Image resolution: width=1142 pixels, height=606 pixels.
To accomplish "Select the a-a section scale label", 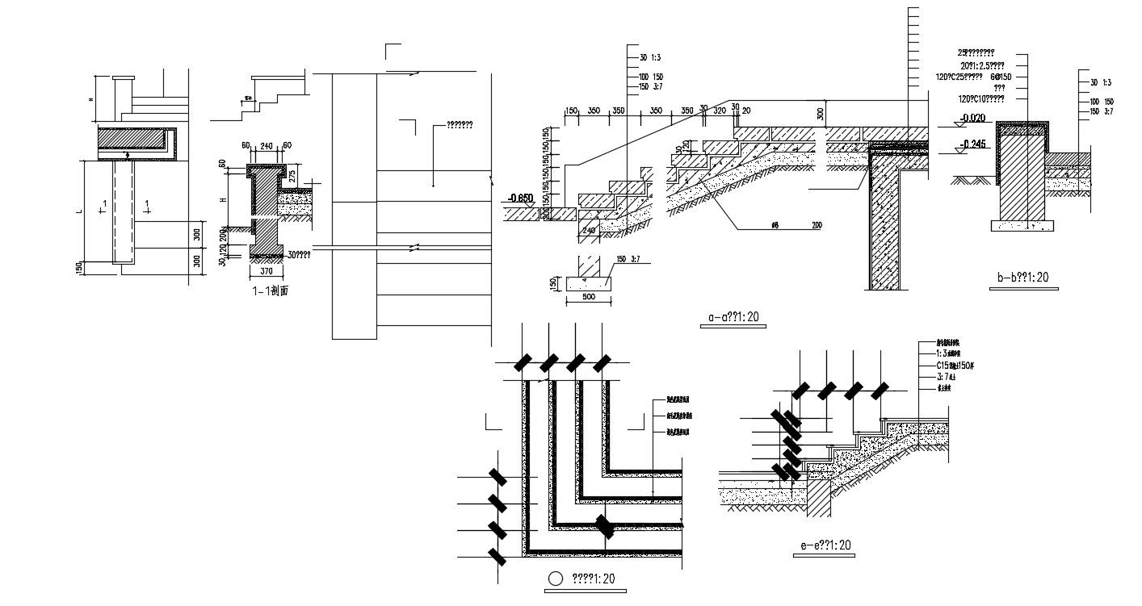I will click(733, 318).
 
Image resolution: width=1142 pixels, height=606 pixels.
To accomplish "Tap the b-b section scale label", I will click(1022, 278).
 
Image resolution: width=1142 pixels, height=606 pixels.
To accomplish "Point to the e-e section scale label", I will click(826, 546).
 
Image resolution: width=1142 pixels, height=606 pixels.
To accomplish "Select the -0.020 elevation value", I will click(973, 119).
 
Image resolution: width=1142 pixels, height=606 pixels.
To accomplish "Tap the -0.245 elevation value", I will click(973, 146).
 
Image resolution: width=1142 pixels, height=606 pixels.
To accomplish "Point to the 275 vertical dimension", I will click(292, 176).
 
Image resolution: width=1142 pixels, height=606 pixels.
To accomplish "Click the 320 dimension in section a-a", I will click(720, 111).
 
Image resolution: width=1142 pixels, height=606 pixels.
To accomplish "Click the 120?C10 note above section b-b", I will click(981, 98).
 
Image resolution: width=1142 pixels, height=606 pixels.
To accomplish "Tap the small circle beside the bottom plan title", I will click(554, 579).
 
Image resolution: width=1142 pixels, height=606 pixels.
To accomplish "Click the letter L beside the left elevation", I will click(79, 211).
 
